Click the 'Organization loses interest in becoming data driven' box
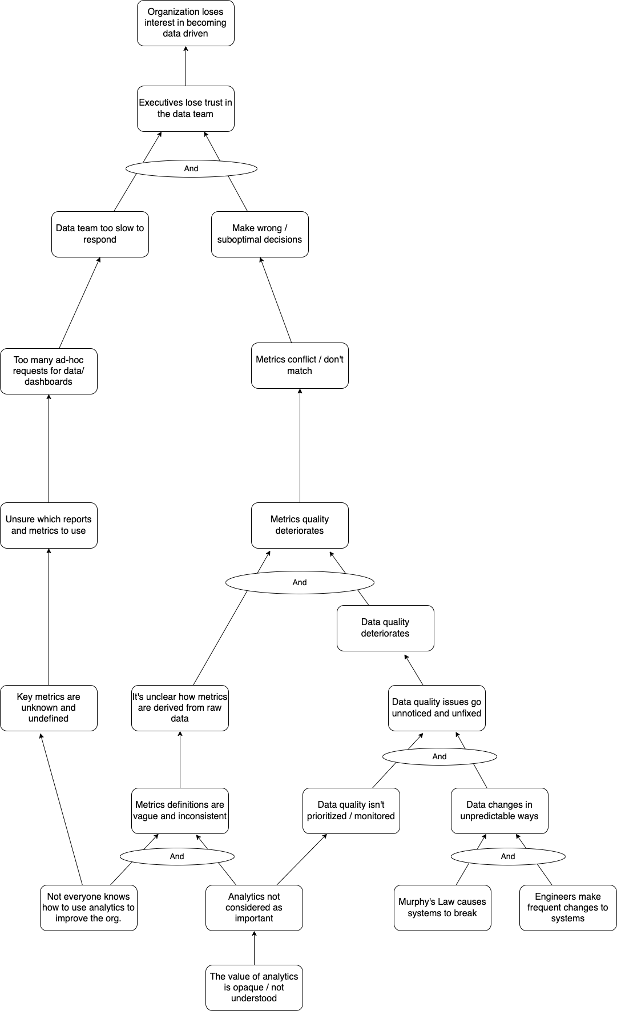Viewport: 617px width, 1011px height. pos(185,23)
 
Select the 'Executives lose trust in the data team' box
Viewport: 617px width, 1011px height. pos(185,108)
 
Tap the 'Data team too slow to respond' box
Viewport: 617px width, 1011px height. pos(100,234)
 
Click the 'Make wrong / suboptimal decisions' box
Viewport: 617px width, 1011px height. pos(260,234)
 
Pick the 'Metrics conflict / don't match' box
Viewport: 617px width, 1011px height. pos(300,365)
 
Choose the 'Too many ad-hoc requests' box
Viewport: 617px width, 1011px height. pos(49,371)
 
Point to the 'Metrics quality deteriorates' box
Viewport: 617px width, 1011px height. pos(300,525)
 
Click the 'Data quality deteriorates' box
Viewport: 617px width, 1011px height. pos(385,628)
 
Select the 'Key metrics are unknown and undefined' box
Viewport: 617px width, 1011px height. pos(49,708)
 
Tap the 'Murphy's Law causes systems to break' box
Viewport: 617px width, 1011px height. pos(442,908)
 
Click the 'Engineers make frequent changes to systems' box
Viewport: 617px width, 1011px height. pos(568,908)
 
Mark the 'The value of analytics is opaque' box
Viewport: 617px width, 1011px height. pos(254,988)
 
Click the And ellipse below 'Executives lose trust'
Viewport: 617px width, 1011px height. pos(191,168)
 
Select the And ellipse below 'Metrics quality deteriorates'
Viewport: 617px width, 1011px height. pos(300,582)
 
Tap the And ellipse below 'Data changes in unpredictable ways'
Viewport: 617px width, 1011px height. pos(508,856)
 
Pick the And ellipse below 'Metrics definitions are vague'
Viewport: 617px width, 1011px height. pos(177,856)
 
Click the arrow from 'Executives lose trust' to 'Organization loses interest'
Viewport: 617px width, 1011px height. pos(185,66)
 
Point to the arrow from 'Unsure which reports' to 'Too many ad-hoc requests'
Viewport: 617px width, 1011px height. pos(49,448)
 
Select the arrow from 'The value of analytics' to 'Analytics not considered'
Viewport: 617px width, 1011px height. pos(254,948)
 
